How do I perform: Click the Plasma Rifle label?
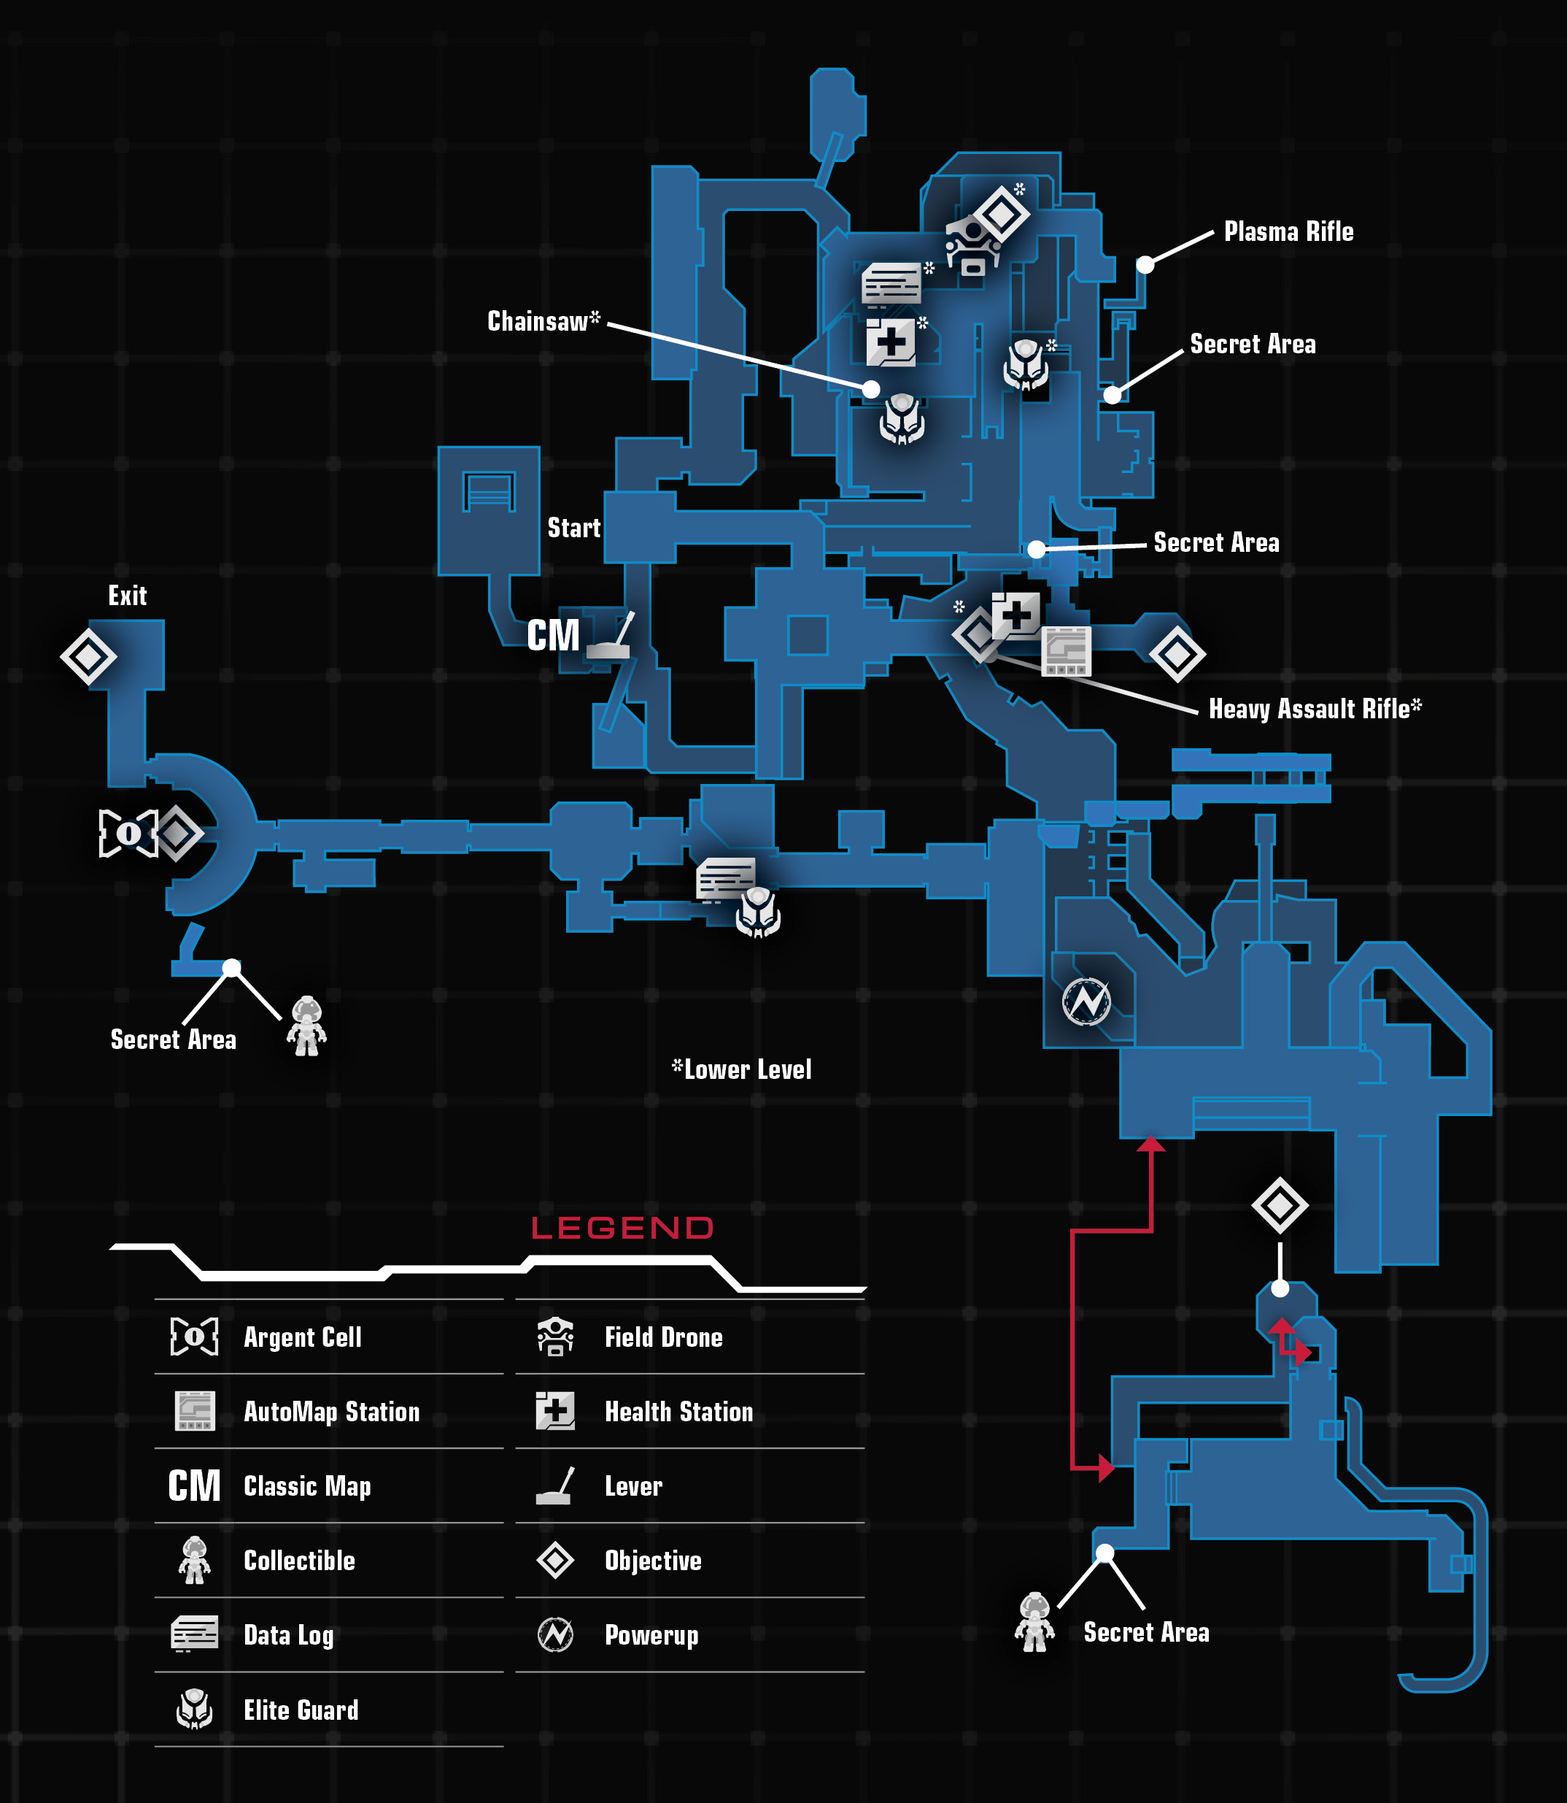tap(1288, 232)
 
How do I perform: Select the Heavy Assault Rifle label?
tap(1315, 708)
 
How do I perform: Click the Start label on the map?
tap(573, 528)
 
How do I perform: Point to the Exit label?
tap(128, 596)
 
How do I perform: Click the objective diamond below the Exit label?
tap(88, 656)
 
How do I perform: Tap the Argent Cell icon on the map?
tap(128, 833)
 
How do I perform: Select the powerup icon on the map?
tap(1086, 1001)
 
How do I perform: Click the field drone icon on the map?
tap(973, 247)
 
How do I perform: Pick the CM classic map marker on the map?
tap(553, 635)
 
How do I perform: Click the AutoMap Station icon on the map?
tap(1066, 652)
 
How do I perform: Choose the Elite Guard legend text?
tap(301, 1710)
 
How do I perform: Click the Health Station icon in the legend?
tap(555, 1411)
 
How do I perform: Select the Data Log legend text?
tap(289, 1635)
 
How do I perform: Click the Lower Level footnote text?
tap(741, 1069)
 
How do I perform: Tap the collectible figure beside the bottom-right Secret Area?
tap(1034, 1622)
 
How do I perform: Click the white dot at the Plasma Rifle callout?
tap(1145, 265)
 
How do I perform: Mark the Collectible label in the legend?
tap(299, 1561)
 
